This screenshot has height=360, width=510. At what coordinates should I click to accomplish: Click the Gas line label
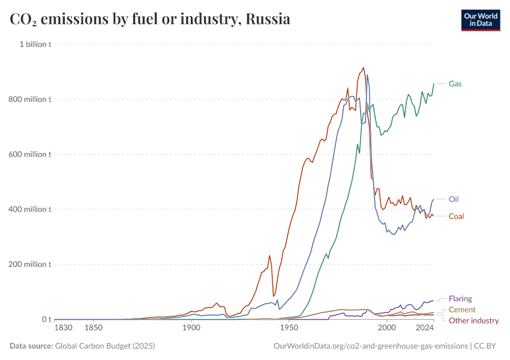coord(455,83)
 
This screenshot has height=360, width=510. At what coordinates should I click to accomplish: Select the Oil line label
coord(454,199)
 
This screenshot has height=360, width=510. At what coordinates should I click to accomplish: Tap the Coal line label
coord(456,216)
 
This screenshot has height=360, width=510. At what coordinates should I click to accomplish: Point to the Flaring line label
coord(460,298)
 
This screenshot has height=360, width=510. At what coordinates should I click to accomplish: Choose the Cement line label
coord(462,310)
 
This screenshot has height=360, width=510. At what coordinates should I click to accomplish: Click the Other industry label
coord(473,320)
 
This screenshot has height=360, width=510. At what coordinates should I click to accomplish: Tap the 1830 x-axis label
coord(63,328)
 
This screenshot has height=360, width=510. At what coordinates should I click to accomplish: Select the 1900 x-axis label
coord(191,328)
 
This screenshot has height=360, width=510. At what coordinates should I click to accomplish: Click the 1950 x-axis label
coord(289,328)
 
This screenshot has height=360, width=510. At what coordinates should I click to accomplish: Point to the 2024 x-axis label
coord(425,328)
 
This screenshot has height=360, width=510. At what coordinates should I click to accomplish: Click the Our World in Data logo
coord(481,20)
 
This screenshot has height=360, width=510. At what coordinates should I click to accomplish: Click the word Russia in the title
coord(268,19)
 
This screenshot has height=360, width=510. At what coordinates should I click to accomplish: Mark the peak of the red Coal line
coord(363,68)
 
